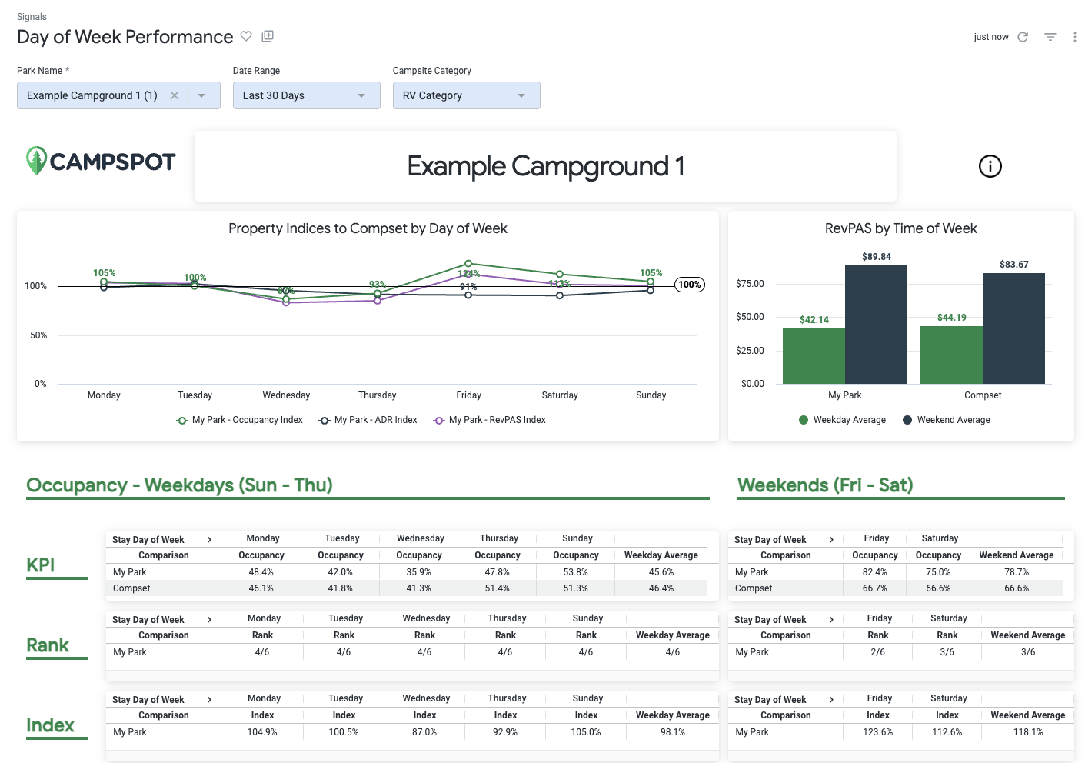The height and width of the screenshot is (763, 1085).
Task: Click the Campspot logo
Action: point(101,161)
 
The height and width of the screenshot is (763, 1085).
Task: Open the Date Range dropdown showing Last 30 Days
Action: point(306,95)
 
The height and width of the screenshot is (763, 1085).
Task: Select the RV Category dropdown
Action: point(466,95)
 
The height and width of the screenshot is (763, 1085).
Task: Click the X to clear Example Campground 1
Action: point(175,95)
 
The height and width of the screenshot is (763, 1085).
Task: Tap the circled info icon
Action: point(990,166)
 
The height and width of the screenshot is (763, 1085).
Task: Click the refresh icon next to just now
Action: point(1023,37)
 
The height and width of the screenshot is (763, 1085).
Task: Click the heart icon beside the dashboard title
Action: point(246,36)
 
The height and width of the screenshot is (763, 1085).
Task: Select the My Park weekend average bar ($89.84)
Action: point(876,324)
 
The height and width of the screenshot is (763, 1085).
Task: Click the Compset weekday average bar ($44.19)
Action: point(951,355)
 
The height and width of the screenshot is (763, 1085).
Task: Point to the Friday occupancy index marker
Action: point(468,264)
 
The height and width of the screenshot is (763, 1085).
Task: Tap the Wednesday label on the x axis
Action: point(286,395)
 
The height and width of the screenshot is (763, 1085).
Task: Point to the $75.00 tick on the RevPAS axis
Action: point(750,284)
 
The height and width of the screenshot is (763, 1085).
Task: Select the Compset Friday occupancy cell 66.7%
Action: point(874,588)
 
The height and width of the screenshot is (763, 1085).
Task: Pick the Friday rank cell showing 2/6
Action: point(877,652)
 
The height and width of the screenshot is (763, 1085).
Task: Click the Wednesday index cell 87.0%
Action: point(424,732)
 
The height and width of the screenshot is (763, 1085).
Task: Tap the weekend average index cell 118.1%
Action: point(1027,732)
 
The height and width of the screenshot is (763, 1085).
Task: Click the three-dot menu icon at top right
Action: point(1074,37)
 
